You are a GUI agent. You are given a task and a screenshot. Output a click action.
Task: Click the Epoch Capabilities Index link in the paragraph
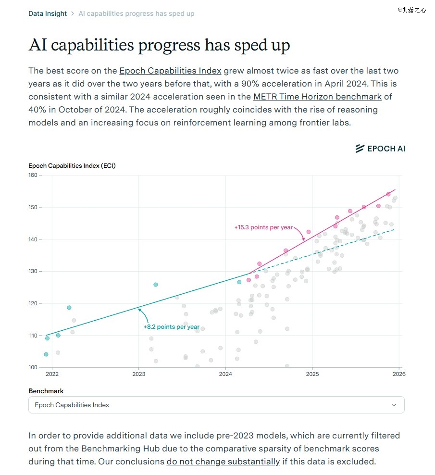coord(170,71)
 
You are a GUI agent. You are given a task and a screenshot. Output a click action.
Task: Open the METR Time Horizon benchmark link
coord(317,97)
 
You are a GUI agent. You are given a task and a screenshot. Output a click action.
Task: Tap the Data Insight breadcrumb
coord(48,13)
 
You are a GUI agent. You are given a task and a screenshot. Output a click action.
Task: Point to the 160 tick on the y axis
coord(33,175)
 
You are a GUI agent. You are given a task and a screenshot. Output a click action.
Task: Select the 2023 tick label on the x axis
coord(138,374)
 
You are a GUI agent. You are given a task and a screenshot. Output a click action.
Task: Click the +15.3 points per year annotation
coord(263,227)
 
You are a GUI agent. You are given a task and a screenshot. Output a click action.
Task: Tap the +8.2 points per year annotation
coord(171,327)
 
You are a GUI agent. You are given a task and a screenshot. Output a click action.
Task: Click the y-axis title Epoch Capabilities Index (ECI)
coord(72,166)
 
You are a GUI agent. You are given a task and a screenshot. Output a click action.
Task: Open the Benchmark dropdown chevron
coord(394,405)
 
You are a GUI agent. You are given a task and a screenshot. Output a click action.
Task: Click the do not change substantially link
coord(223,462)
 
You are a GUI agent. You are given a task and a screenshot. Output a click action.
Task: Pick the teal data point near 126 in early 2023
coord(156,285)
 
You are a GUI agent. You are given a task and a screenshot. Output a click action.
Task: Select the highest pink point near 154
coord(388,194)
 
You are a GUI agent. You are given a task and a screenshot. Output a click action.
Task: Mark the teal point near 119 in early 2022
coord(69,308)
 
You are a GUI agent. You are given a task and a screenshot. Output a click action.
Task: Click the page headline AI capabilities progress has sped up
coord(159,45)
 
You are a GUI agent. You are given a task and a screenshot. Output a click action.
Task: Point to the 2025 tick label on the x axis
coord(312,374)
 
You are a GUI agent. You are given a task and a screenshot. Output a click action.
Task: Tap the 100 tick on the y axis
coord(33,367)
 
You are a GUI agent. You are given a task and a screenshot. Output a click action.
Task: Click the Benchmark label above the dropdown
coord(46,391)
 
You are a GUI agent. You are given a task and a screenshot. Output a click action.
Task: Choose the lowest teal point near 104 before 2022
coord(46,354)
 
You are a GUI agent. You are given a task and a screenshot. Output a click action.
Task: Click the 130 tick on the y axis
coord(33,271)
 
